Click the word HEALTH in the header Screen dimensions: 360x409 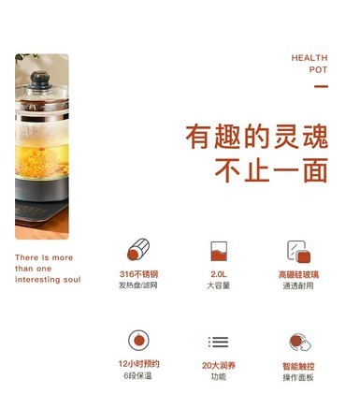(310, 58)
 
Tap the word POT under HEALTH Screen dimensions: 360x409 (318, 69)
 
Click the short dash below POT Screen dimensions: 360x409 (321, 86)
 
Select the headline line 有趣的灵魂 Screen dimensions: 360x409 (256, 137)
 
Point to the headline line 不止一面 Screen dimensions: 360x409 (271, 170)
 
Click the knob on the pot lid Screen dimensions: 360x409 (40, 80)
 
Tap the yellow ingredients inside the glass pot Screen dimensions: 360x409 (42, 162)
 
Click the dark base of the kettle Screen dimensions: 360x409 (42, 189)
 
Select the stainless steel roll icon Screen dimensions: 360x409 (138, 249)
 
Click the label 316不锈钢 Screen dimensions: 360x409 (138, 274)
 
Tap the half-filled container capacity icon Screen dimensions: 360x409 (219, 251)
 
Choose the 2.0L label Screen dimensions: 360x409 (219, 274)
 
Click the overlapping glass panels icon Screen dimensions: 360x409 (299, 252)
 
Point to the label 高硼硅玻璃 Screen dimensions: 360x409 (298, 275)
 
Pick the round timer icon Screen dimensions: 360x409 (138, 341)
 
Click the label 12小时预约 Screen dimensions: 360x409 (138, 364)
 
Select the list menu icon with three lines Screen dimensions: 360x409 (219, 343)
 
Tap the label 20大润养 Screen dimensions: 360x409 (219, 365)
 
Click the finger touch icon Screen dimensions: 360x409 (300, 343)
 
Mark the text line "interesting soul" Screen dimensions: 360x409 (48, 280)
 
